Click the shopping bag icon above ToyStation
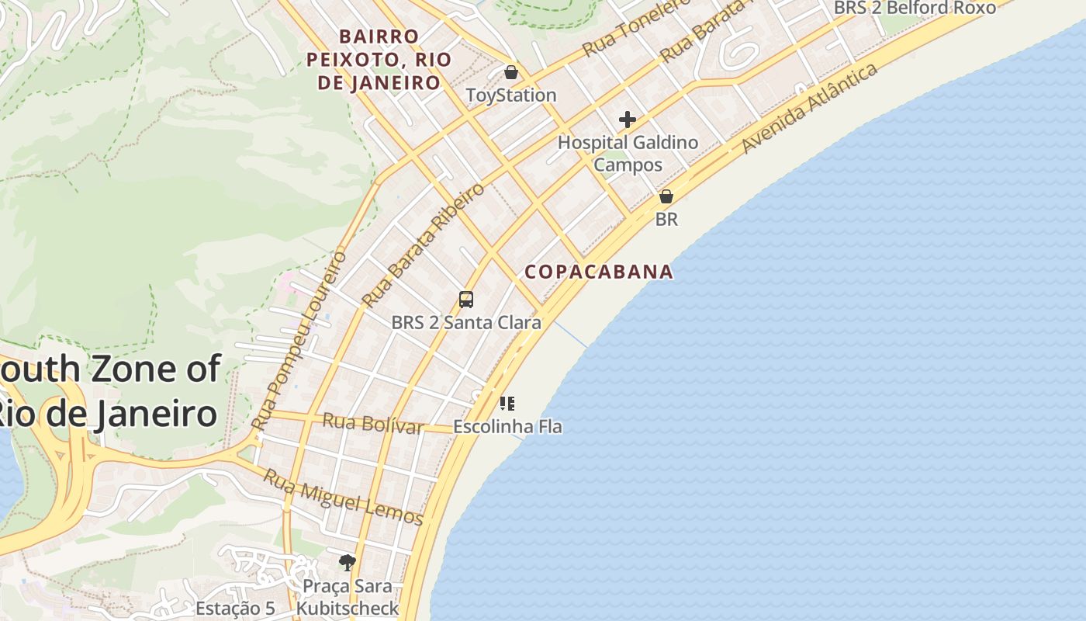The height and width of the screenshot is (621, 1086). pos(511,72)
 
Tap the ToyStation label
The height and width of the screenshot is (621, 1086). pos(511,95)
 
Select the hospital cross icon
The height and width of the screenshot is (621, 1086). pos(628,120)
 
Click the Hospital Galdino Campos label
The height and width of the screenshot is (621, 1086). pos(628,154)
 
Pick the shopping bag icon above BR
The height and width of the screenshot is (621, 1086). pos(666,196)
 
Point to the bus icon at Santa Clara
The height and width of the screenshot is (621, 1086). pos(466,299)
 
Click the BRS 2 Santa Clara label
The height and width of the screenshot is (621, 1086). pos(466,322)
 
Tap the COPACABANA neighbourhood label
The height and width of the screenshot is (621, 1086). pos(599,272)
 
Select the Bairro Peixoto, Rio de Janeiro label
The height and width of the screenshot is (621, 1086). pos(379,60)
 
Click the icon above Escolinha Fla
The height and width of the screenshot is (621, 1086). pos(507,403)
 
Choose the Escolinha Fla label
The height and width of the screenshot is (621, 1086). pos(507,426)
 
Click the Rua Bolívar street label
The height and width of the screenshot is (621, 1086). pos(373,424)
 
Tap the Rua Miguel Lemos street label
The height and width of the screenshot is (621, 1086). pos(344,497)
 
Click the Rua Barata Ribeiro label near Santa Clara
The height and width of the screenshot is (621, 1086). pos(423,245)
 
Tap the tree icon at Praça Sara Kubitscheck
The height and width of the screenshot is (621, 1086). pos(348,562)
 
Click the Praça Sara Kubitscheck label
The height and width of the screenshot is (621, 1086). pos(348,597)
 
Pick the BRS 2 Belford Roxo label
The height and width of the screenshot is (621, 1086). pos(915,8)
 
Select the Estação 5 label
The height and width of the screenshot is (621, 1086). pos(235,609)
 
